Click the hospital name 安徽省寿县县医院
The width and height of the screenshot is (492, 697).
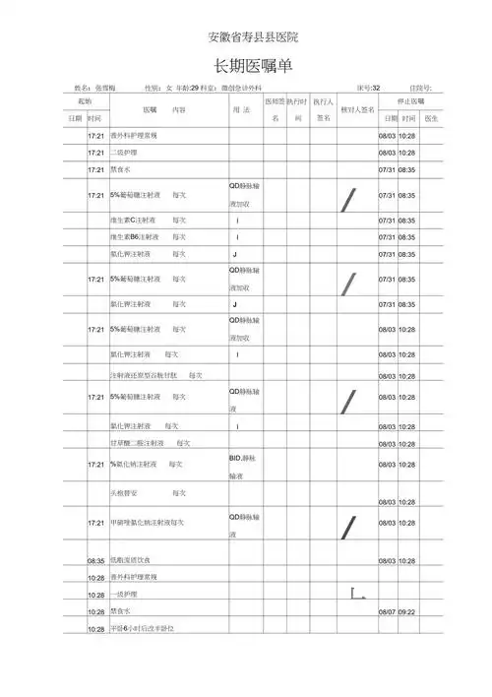254,37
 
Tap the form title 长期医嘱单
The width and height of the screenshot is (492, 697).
254,66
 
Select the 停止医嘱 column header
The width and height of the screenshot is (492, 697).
410,101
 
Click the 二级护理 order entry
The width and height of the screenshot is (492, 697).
125,153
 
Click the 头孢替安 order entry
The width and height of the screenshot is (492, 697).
127,491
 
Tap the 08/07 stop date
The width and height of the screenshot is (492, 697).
387,611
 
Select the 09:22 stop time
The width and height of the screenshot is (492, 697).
407,611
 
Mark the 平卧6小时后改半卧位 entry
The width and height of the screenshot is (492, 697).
144,628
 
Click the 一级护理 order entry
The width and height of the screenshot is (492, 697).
124,595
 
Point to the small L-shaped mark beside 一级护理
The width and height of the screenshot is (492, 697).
357,593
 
